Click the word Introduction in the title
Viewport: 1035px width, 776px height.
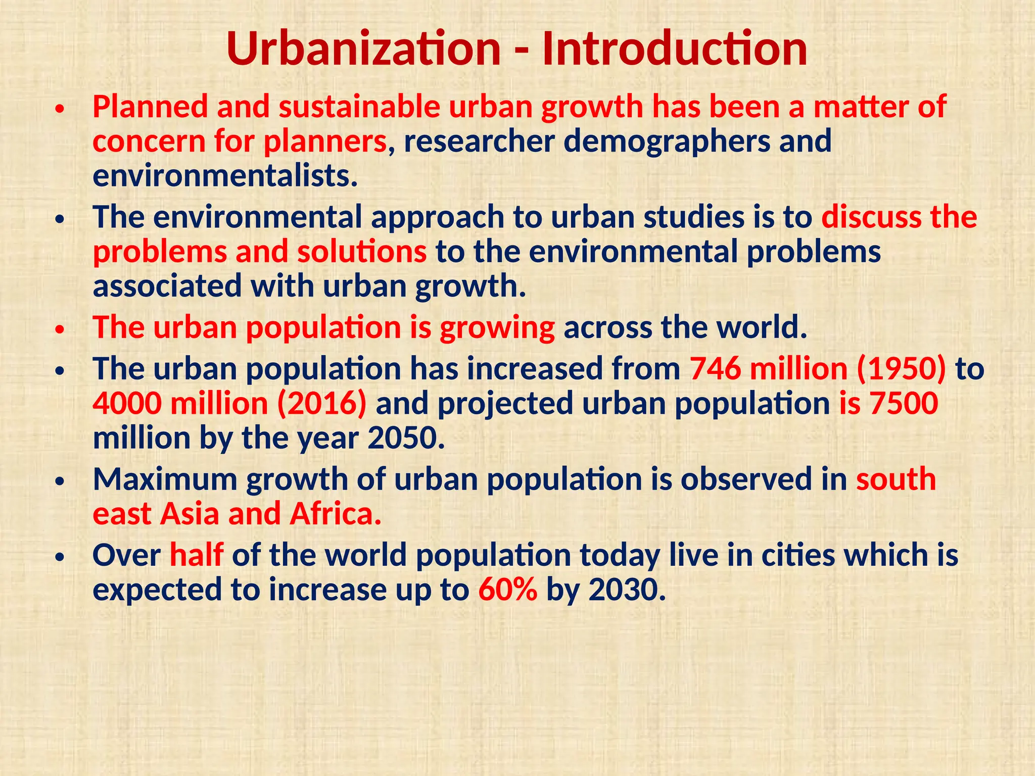click(x=674, y=49)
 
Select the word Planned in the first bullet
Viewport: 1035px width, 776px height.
click(x=150, y=107)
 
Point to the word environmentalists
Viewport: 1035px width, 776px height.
click(x=225, y=175)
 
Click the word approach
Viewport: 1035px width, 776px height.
click(x=438, y=217)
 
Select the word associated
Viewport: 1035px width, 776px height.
click(x=167, y=286)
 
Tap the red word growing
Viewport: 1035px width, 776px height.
click(x=497, y=327)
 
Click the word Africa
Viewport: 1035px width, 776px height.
click(x=336, y=514)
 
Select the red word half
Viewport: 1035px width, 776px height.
click(x=196, y=555)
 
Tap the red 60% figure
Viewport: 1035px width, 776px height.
click(x=507, y=590)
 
